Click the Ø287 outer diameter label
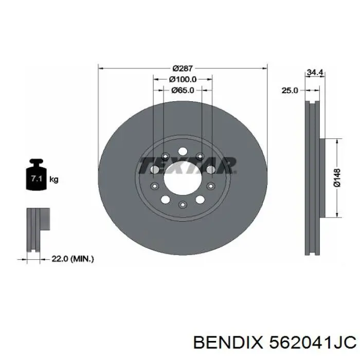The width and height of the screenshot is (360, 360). tap(183, 68)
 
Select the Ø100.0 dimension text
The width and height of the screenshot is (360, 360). tap(183, 79)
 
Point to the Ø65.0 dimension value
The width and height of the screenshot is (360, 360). tap(183, 91)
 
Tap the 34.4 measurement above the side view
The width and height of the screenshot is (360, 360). tap(314, 73)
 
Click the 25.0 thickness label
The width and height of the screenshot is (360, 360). tap(290, 91)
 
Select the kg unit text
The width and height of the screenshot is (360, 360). tap(54, 179)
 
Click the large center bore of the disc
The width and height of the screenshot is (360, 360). tap(182, 178)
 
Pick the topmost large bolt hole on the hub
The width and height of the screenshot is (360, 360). tap(182, 151)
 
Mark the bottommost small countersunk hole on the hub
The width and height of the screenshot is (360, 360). tap(182, 205)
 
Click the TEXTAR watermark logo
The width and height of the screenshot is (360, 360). tap(188, 166)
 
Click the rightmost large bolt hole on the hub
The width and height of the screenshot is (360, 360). tap(211, 170)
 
